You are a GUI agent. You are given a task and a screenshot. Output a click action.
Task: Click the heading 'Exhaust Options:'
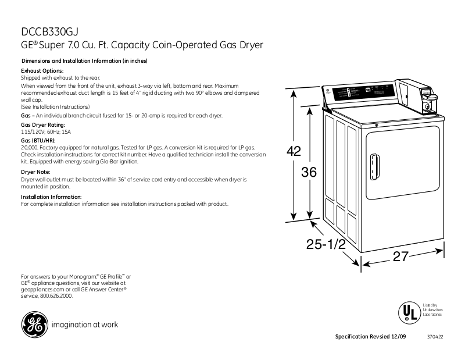tap(38, 70)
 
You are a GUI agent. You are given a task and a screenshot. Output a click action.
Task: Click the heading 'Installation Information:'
tap(51, 197)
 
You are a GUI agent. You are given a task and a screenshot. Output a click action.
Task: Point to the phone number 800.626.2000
tap(56, 296)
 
